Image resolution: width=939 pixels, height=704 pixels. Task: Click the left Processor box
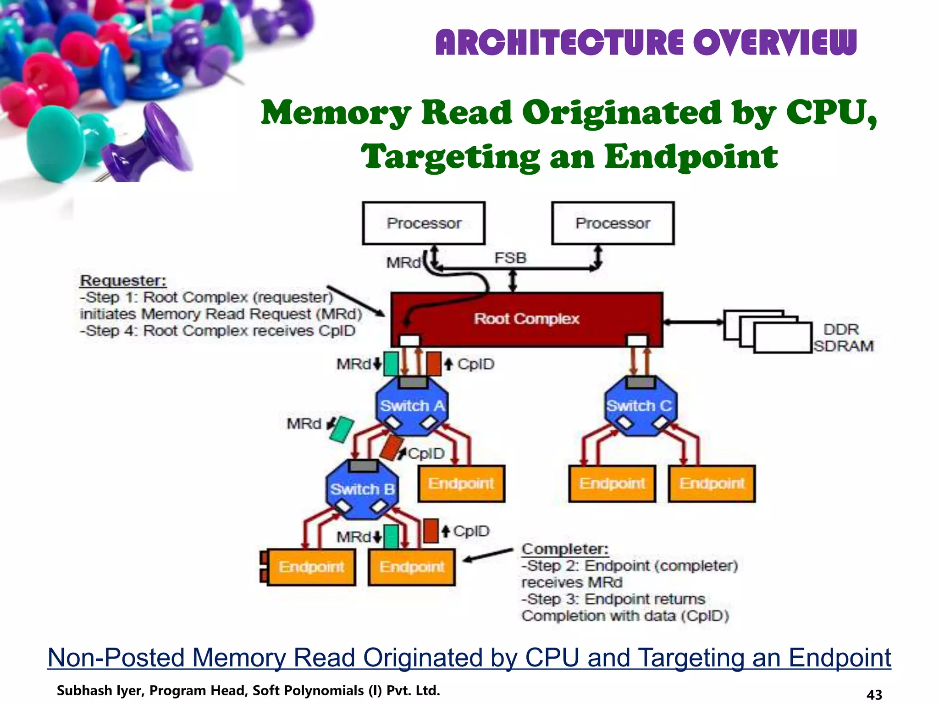click(x=423, y=223)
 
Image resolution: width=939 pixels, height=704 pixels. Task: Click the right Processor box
click(x=613, y=223)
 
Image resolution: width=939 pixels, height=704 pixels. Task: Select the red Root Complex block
click(x=526, y=319)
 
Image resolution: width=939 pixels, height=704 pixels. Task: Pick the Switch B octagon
click(x=362, y=489)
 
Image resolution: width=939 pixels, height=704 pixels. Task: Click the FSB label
click(x=510, y=258)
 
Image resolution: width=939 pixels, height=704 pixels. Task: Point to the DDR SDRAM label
click(x=843, y=338)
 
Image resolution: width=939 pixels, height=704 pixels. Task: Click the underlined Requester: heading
click(x=123, y=280)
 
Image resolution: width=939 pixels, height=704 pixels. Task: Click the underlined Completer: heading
click(x=565, y=549)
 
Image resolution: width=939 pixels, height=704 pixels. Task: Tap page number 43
click(x=874, y=694)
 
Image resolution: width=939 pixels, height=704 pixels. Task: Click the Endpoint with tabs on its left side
click(x=311, y=567)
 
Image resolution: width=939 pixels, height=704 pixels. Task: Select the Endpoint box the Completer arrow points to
click(x=412, y=567)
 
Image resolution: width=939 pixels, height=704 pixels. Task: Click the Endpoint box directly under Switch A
click(x=461, y=484)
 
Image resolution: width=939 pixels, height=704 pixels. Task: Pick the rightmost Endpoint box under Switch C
click(x=712, y=484)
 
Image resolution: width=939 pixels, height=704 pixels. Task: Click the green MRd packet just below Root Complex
click(x=391, y=364)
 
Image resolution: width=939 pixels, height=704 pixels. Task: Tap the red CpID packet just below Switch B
click(x=430, y=531)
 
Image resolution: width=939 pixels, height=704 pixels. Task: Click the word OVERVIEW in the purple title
click(x=774, y=42)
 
